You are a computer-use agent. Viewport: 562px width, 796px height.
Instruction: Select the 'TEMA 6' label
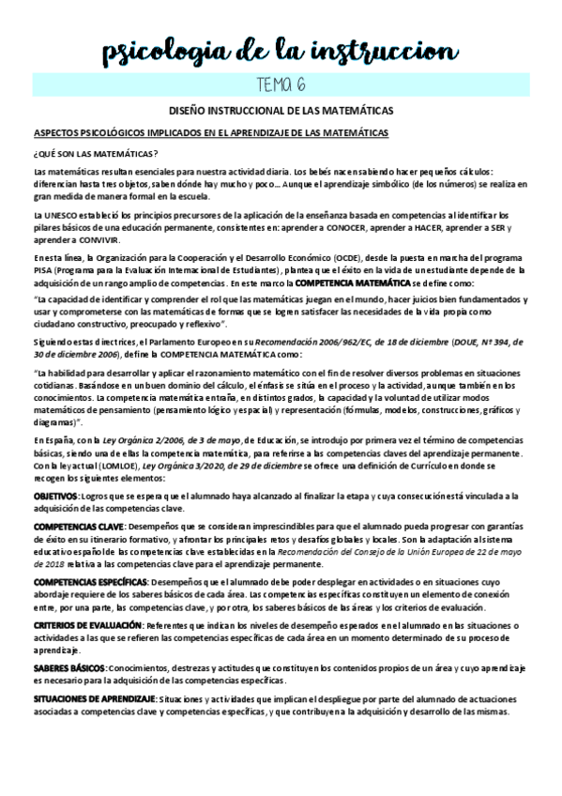coord(281,85)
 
